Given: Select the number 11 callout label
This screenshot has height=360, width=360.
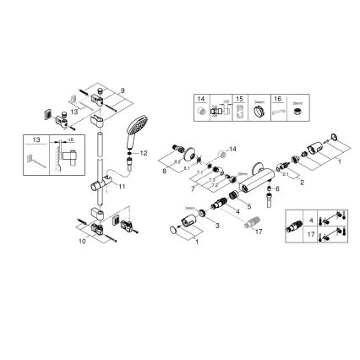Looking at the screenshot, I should pyautogui.click(x=123, y=184).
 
